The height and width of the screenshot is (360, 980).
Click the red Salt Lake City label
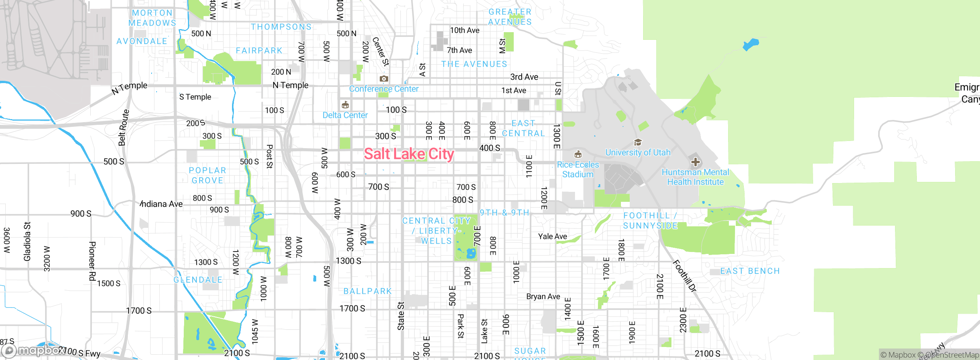(x=409, y=154)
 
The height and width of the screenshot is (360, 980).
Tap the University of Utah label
(x=638, y=152)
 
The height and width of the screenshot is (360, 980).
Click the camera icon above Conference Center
(x=384, y=79)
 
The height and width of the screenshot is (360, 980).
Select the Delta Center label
(x=345, y=115)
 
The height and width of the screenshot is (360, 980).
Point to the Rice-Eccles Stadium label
(x=578, y=169)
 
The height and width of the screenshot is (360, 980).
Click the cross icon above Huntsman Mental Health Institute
(x=695, y=162)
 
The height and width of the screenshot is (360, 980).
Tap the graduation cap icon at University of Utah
(x=638, y=142)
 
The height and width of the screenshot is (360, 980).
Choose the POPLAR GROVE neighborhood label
(x=207, y=175)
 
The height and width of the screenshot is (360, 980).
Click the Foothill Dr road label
(x=684, y=276)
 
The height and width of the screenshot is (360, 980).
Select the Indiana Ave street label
(x=161, y=204)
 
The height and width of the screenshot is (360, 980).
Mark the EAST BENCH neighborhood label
(x=750, y=271)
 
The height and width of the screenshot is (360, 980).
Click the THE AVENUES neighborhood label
(x=474, y=64)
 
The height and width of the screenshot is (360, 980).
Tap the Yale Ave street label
(x=552, y=236)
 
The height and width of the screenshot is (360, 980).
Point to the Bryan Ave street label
(x=543, y=296)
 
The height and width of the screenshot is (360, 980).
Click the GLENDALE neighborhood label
(x=198, y=280)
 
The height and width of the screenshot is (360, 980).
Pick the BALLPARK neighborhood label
(x=367, y=291)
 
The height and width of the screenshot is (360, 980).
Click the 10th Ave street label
(x=464, y=30)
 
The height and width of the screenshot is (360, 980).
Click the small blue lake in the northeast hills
(x=750, y=44)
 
